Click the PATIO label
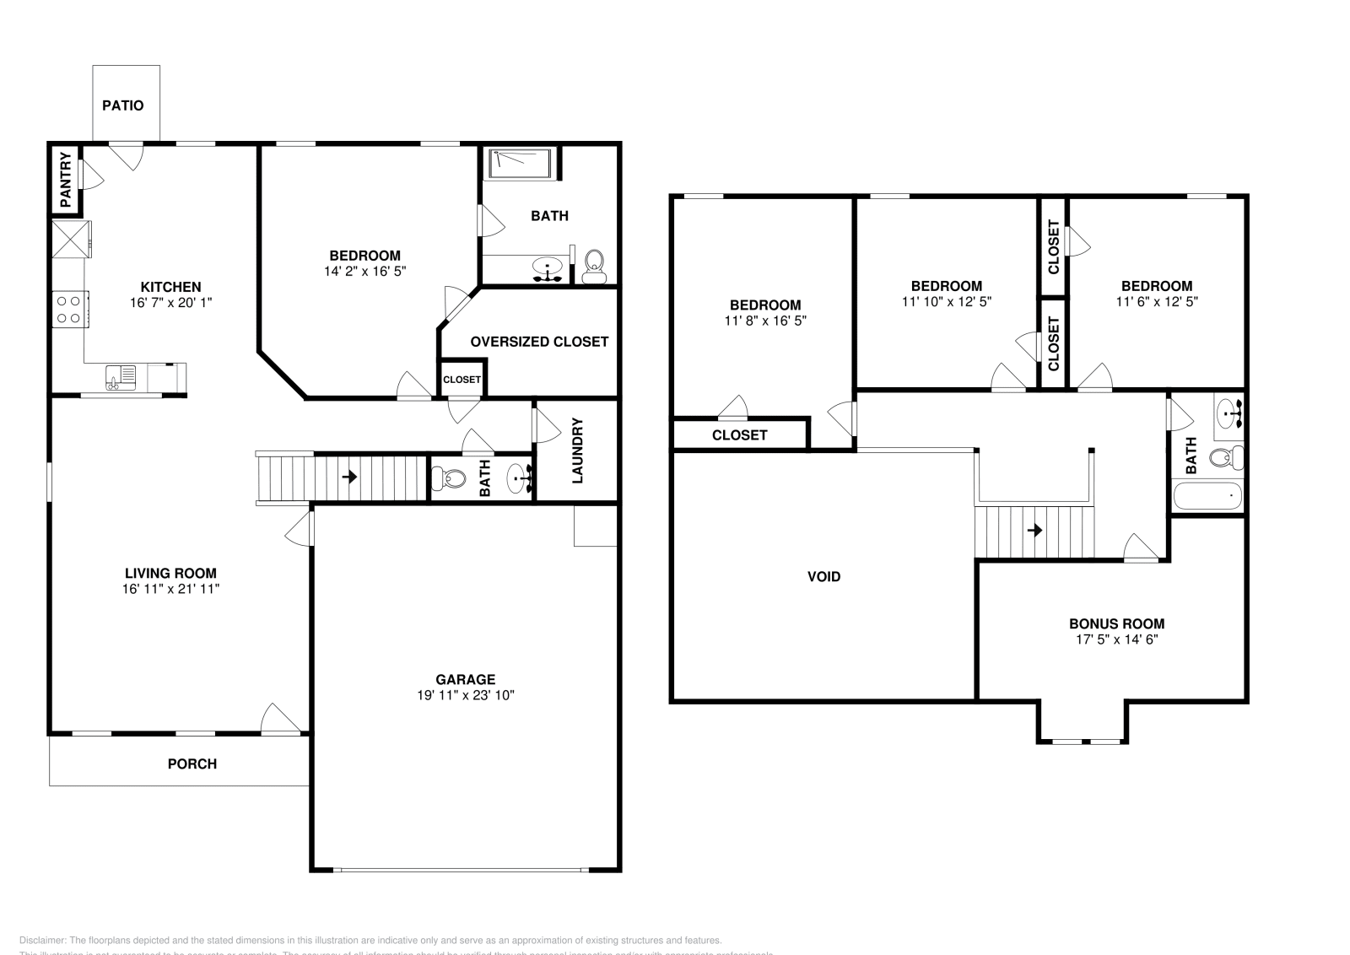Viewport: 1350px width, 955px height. coord(122,105)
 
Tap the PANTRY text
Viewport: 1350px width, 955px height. coord(66,181)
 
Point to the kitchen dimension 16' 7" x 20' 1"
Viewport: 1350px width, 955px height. coord(170,302)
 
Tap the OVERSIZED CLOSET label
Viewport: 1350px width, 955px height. coord(539,342)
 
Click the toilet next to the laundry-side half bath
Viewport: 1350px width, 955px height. coord(448,479)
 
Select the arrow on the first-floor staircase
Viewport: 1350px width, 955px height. coord(349,477)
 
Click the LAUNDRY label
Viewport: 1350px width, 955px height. coord(578,451)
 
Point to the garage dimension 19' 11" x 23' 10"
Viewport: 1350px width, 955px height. coord(465,695)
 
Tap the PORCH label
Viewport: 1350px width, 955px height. coord(192,763)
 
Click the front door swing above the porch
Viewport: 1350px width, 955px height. coord(280,719)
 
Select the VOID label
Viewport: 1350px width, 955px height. coord(823,577)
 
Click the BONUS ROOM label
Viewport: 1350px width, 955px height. coord(1116,624)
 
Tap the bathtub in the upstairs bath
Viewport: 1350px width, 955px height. coord(1208,496)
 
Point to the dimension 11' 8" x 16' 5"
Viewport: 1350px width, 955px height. coord(765,321)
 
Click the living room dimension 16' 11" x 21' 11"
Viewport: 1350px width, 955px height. coord(170,589)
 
